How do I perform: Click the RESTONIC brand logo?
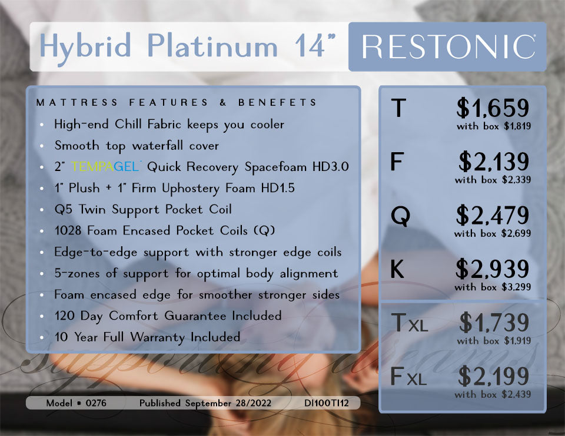[448, 47]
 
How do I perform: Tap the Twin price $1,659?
[493, 108]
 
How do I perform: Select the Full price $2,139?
[494, 162]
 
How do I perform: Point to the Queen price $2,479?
[493, 216]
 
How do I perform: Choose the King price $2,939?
[493, 270]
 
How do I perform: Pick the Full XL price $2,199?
[494, 377]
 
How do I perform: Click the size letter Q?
[401, 217]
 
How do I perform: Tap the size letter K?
[398, 270]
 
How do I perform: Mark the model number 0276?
[97, 404]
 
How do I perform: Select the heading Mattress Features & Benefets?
[177, 103]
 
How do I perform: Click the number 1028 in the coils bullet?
[68, 231]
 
